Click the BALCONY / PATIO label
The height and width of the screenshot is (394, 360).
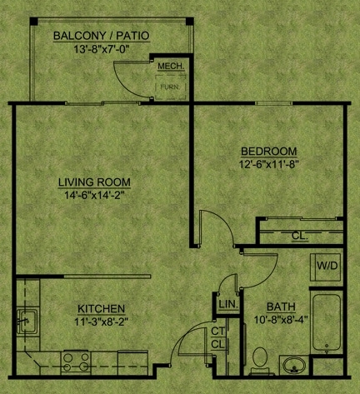pos(102,36)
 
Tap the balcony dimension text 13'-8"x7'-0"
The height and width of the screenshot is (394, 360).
pos(102,49)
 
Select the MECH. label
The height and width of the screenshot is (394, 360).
pos(171,66)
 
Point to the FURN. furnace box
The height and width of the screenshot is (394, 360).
pos(170,87)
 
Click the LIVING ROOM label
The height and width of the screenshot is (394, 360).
pos(94,182)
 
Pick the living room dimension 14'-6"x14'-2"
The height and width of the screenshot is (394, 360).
pos(94,195)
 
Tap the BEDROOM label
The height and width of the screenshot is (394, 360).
pos(268,152)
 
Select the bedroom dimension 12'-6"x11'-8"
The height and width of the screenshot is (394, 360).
pos(268,164)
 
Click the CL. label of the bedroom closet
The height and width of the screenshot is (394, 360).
pos(300,236)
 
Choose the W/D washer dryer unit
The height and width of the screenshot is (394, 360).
pos(326,267)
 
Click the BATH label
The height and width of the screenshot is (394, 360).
pos(281,307)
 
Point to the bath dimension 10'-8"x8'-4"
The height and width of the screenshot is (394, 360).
pos(281,320)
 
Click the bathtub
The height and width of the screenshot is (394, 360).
pos(327,323)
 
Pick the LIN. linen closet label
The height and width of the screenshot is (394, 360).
pos(228,304)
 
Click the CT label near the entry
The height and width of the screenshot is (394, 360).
pos(217,331)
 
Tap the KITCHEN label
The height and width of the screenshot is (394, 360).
pos(101,309)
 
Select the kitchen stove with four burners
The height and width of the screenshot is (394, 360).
pos(76,362)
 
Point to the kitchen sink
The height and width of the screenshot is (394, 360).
pos(27,321)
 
